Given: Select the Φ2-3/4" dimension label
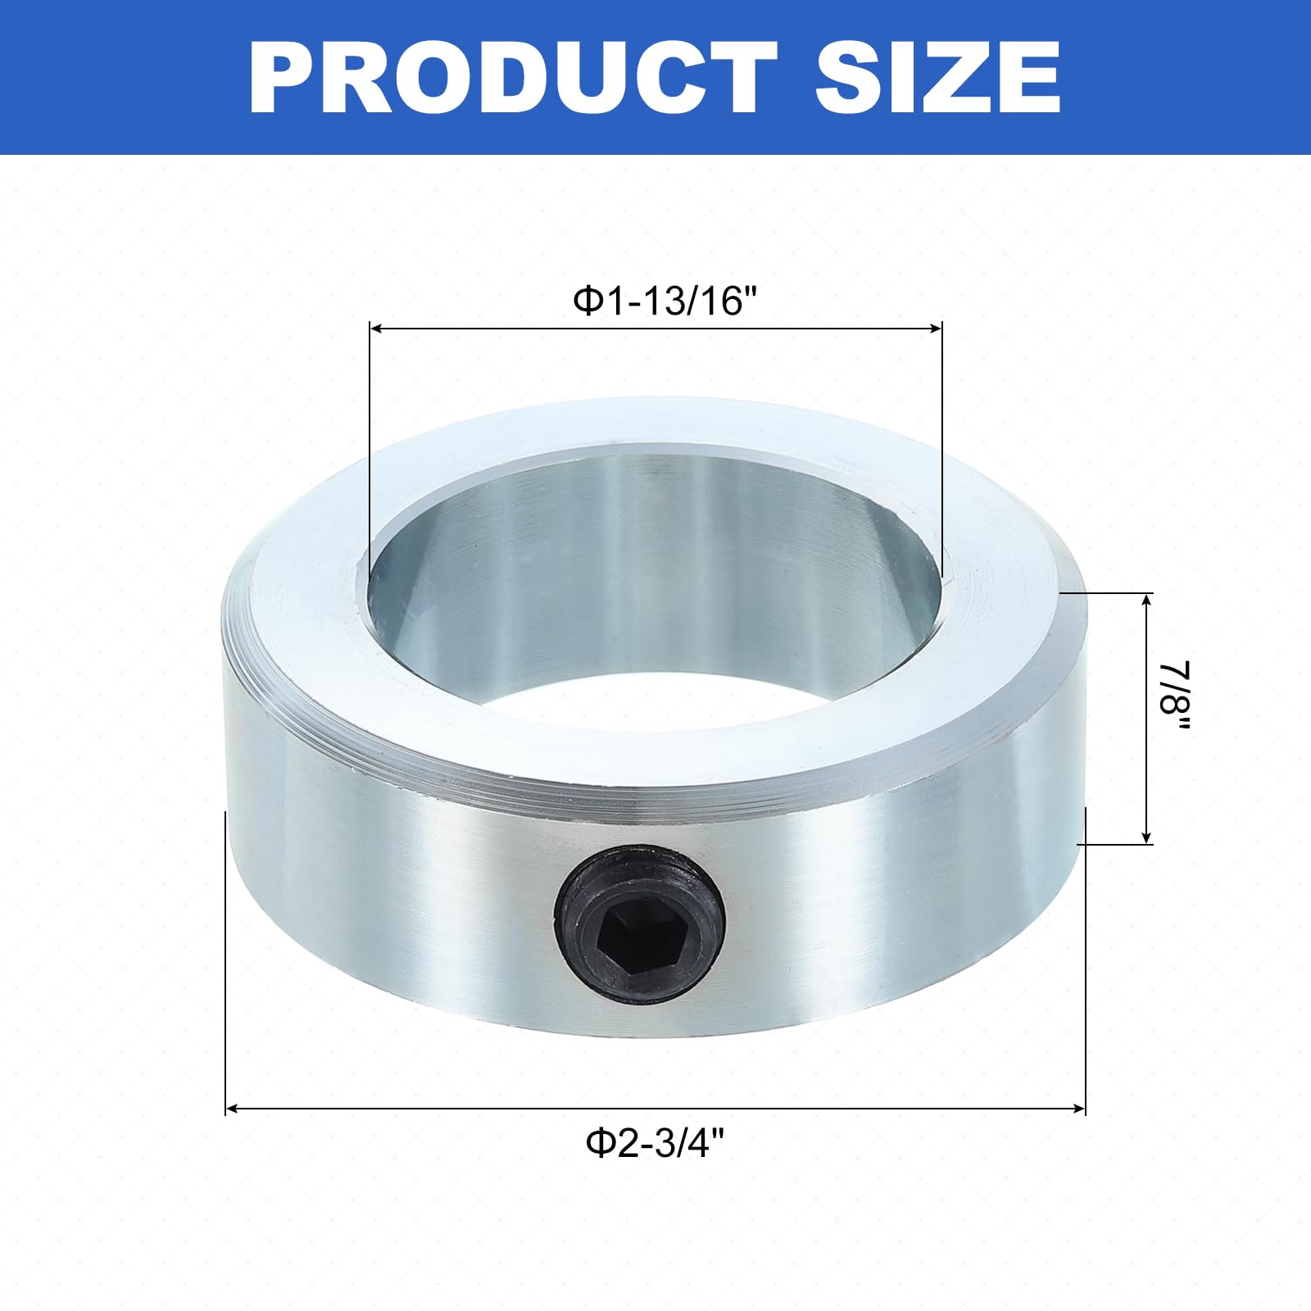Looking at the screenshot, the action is [x=655, y=1141].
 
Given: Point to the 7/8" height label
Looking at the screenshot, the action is [x=1177, y=698].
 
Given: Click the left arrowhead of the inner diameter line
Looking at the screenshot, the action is [x=377, y=329].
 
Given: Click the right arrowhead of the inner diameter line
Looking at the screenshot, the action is [x=934, y=329].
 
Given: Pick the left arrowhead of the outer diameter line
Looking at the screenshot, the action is [x=234, y=1109].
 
